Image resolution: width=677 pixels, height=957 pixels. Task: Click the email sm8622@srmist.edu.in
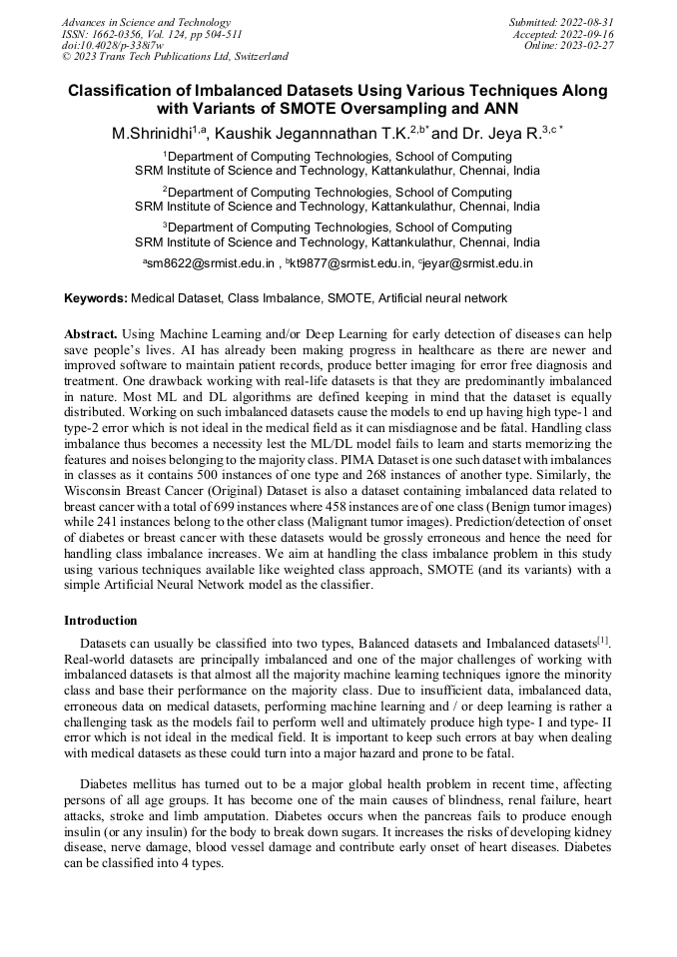[212, 264]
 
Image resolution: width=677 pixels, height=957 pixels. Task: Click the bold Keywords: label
[96, 298]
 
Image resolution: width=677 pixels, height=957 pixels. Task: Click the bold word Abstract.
[91, 333]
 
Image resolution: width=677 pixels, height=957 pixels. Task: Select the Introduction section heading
[101, 621]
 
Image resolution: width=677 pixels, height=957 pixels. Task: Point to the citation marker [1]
[603, 640]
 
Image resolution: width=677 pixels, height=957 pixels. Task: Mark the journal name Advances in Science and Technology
[146, 22]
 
